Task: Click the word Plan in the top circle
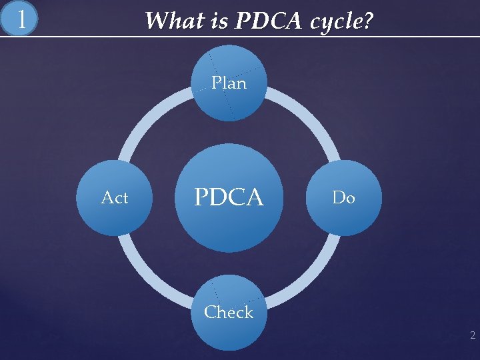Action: click(x=229, y=83)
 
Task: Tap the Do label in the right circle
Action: click(x=343, y=198)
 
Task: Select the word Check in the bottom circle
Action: click(x=229, y=312)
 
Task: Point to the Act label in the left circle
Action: click(x=114, y=198)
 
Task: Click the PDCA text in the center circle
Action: click(x=229, y=197)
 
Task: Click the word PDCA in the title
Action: click(x=263, y=21)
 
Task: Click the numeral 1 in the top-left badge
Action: click(x=22, y=19)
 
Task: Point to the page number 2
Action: click(x=472, y=335)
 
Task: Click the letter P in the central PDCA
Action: click(x=201, y=197)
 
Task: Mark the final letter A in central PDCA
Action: click(x=254, y=197)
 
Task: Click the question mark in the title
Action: click(x=367, y=21)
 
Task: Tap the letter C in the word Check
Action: click(x=210, y=312)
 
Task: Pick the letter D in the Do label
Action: click(x=338, y=198)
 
